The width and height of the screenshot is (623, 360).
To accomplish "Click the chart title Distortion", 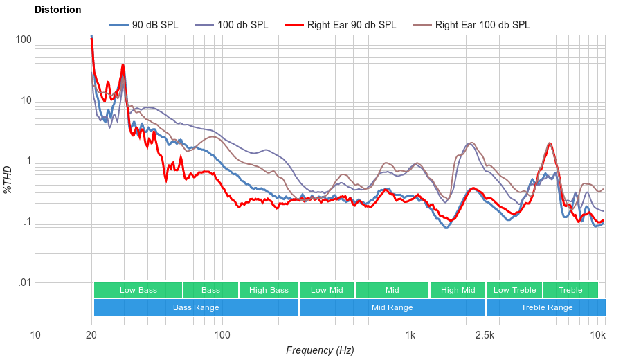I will click(57, 10).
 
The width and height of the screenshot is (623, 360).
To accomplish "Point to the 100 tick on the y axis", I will click(24, 39).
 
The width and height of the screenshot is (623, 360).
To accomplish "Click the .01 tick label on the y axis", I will click(24, 283).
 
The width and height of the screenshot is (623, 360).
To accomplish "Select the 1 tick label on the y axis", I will click(28, 161).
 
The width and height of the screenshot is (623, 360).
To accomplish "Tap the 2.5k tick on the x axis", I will click(485, 336).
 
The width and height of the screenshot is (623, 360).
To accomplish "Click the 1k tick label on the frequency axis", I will click(410, 336).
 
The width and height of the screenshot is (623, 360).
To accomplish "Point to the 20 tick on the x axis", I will click(91, 336).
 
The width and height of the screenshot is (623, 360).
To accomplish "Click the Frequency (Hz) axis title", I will click(320, 350).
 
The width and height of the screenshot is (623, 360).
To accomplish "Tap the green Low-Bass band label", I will click(138, 290).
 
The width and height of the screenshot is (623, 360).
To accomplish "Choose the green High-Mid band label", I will click(458, 290).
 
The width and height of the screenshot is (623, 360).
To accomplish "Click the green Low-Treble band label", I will click(514, 290).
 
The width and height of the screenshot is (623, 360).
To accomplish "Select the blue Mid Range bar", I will click(392, 307).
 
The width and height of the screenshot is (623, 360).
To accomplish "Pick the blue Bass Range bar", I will click(196, 307).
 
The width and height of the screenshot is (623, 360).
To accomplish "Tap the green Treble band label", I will click(570, 290).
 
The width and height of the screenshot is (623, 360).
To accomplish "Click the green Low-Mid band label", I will click(327, 290).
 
